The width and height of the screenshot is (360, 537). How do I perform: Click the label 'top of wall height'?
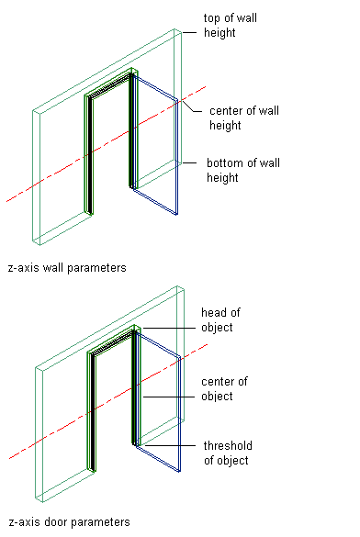coord(231,26)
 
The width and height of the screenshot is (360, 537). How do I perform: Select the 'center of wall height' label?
coord(244,117)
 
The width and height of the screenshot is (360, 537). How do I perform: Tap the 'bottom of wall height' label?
coord(243,170)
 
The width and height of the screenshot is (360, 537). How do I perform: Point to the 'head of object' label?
coord(220,319)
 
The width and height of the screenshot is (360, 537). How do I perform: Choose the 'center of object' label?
coord(224,388)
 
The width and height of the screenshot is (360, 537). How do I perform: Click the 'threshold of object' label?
coord(228,453)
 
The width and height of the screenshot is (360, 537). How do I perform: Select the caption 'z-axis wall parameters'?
coord(67,267)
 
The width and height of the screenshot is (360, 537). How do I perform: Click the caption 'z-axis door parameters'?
coord(69,522)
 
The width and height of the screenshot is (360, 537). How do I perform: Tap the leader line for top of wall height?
coord(189,33)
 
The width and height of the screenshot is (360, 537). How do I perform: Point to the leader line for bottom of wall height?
coord(189,162)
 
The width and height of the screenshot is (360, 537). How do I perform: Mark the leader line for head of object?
coord(169,328)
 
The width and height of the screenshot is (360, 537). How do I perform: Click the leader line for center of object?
coord(169,397)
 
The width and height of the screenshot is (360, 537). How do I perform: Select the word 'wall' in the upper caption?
coord(53,267)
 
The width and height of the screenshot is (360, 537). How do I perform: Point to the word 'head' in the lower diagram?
coord(213,313)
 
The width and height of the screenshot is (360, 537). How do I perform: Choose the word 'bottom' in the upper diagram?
coord(224,162)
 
